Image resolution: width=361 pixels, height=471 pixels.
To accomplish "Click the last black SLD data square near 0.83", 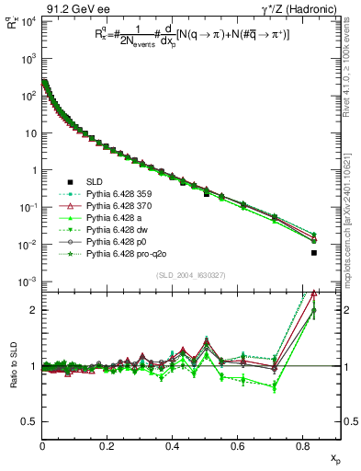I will [314, 253].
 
